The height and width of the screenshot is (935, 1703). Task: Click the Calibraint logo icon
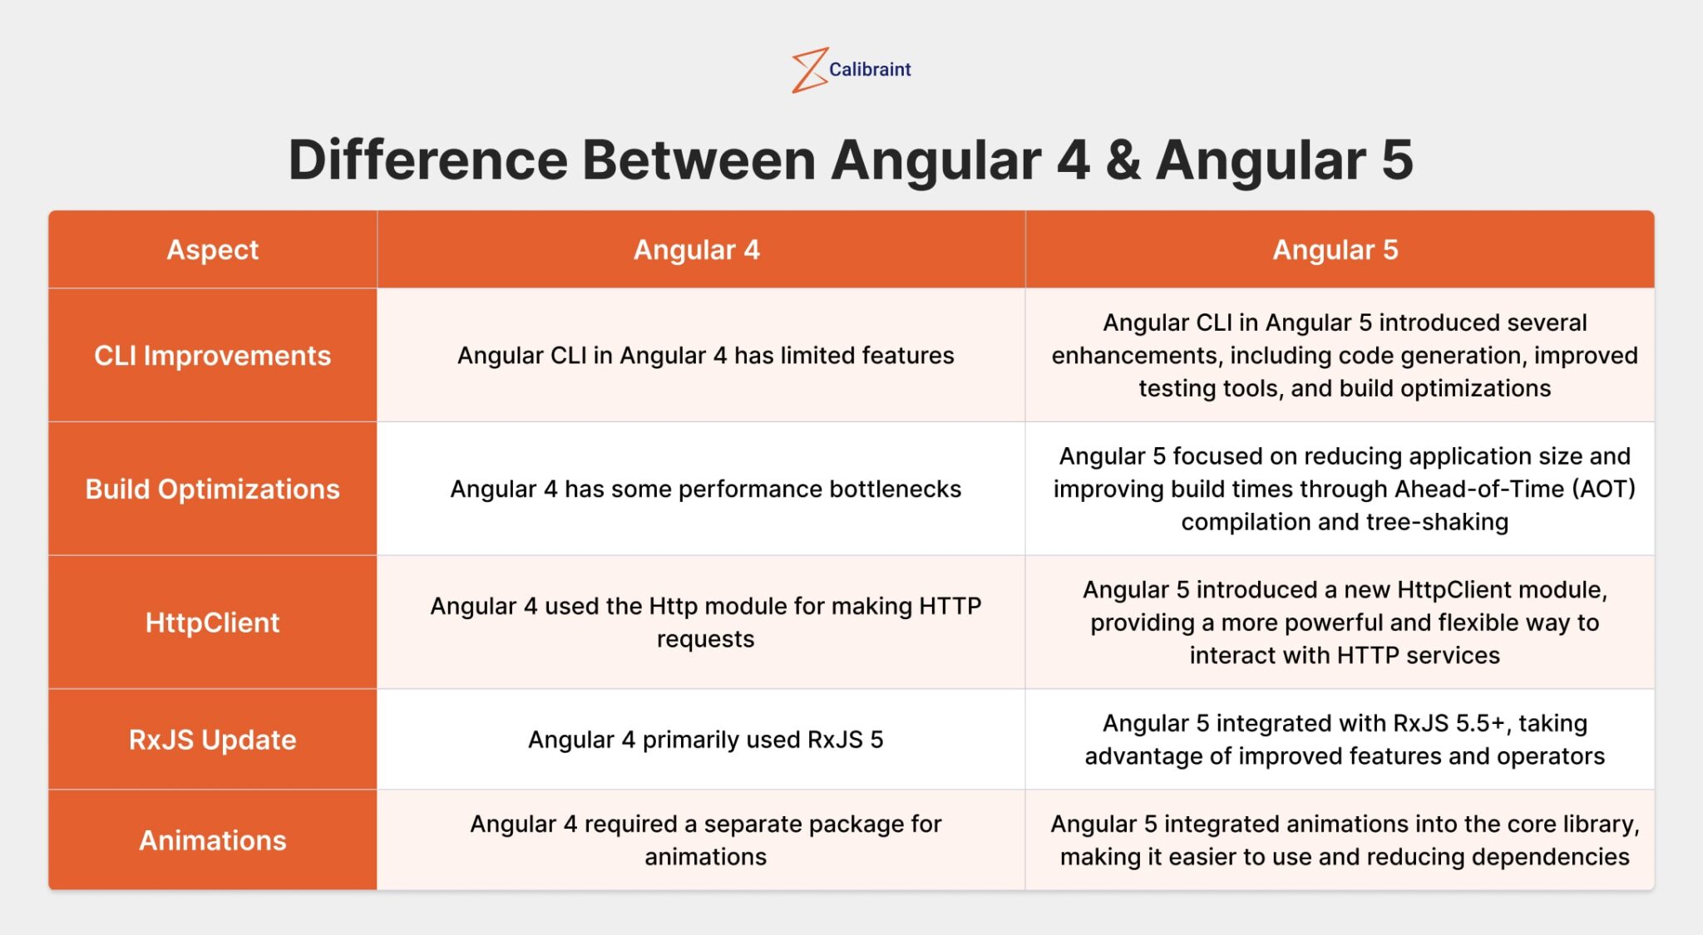coord(808,70)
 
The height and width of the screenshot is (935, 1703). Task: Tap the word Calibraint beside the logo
coord(870,70)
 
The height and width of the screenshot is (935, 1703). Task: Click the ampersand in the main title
coord(1123,160)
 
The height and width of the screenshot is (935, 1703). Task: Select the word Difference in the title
coord(427,160)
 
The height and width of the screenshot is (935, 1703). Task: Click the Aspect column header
coord(213,250)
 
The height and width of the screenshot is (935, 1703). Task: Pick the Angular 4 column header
coord(697,250)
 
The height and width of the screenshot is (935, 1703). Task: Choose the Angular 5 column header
coord(1335,250)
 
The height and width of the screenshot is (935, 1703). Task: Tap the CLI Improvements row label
coord(213,356)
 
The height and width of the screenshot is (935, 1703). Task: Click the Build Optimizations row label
coord(213,490)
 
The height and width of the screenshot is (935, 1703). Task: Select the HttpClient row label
coord(213,623)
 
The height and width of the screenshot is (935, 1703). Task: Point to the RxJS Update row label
coord(213,741)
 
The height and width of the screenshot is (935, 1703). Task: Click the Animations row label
coord(213,841)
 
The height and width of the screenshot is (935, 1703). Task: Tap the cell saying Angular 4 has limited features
coord(705,356)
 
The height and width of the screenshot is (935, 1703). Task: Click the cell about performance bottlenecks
coord(705,490)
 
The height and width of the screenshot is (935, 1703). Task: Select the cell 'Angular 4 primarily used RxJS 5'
coord(705,741)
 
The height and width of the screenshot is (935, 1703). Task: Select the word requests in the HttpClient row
coord(705,640)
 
